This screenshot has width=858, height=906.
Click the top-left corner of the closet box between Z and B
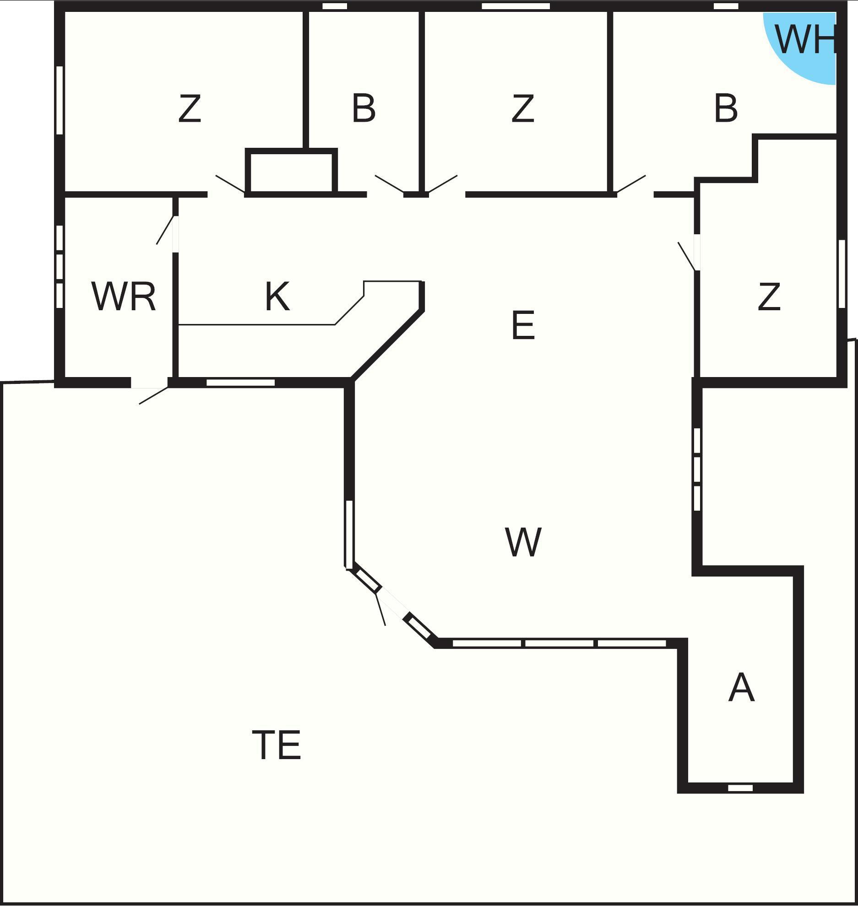[245, 148]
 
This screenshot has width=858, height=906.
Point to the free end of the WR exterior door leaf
[139, 404]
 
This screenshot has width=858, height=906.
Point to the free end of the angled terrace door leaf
[385, 625]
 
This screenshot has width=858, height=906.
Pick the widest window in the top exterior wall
[516, 6]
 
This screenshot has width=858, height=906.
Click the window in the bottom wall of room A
[740, 788]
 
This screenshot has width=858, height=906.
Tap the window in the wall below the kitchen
[240, 383]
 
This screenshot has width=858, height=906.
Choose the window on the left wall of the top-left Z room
[59, 100]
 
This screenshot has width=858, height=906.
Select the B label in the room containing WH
[726, 109]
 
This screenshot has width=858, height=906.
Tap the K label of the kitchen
[277, 297]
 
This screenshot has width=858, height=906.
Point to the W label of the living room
[523, 542]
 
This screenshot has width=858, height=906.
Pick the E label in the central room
[523, 325]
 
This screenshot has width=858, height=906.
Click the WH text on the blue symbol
[805, 39]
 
